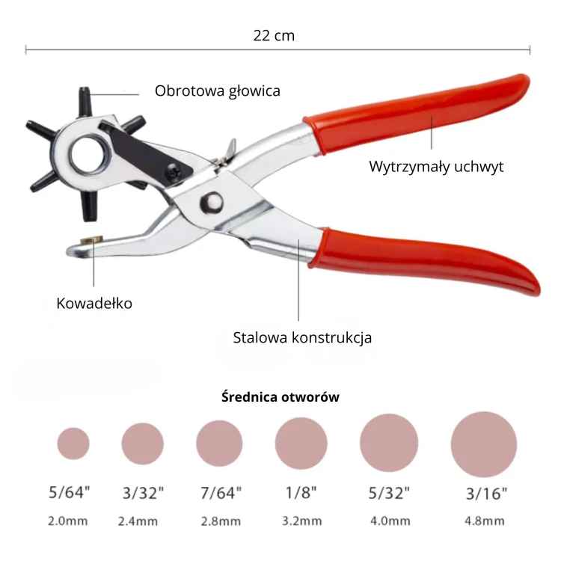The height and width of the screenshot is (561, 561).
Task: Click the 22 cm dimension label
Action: click(274, 36)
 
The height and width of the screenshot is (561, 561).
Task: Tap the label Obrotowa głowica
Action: click(218, 91)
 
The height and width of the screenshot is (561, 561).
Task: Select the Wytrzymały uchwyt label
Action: click(436, 167)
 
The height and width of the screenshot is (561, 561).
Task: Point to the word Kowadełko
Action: click(94, 304)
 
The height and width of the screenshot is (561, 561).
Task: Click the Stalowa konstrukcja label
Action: click(302, 338)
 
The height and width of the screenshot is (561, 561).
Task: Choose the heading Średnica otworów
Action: click(280, 396)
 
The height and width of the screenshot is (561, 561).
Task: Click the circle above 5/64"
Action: click(73, 444)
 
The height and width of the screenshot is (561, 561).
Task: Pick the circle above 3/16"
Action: click(484, 444)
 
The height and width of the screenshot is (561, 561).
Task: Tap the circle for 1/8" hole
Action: click(301, 444)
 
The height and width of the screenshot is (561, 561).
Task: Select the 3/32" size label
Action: click(143, 493)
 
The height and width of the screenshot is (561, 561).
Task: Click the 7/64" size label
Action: click(221, 493)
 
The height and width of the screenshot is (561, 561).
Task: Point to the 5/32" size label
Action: click(389, 493)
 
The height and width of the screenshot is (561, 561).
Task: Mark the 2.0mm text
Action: click(68, 521)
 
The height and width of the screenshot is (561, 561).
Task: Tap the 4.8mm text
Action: click(485, 521)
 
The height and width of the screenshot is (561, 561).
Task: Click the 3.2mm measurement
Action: click(302, 521)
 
